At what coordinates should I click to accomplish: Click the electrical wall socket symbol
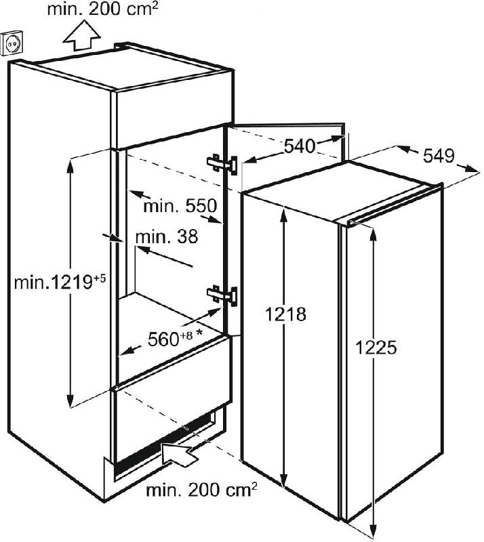(x=13, y=43)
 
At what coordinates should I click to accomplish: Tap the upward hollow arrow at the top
(x=81, y=36)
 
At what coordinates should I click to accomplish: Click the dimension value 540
(x=299, y=146)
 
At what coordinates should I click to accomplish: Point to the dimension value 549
(x=439, y=156)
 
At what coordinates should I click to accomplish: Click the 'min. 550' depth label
(x=180, y=207)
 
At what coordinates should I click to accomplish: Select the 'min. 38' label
(x=167, y=237)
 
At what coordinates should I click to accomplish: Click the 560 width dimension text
(x=163, y=339)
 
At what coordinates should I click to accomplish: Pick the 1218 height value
(x=286, y=314)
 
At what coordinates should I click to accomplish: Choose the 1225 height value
(x=376, y=347)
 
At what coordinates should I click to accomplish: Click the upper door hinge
(x=222, y=164)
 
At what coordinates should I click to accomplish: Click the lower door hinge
(x=222, y=295)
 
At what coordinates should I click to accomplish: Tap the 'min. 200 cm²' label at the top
(x=102, y=9)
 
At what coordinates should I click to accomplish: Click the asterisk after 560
(x=199, y=333)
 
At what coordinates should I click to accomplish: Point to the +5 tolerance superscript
(x=99, y=278)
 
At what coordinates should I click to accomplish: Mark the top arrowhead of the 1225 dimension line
(x=373, y=234)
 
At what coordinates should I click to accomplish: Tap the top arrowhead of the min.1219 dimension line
(x=70, y=165)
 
